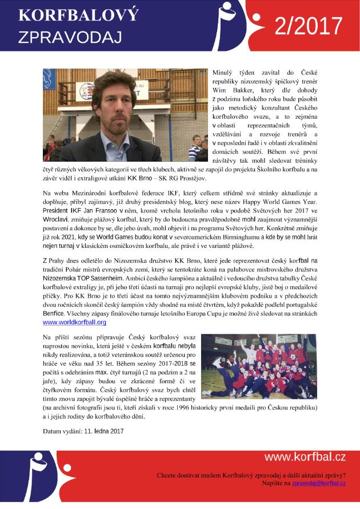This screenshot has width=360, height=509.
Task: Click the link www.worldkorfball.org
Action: tap(74, 322)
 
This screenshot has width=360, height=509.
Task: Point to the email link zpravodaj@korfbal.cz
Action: tap(319, 483)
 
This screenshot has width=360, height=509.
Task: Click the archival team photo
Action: tap(259, 366)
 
